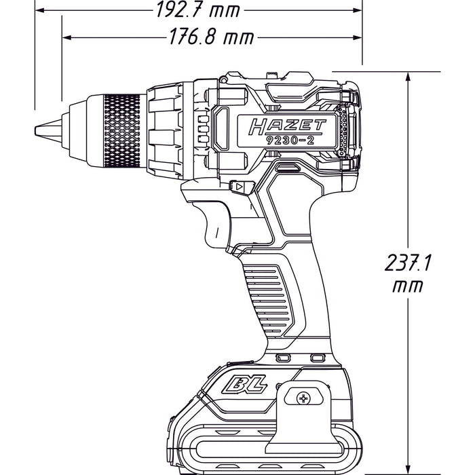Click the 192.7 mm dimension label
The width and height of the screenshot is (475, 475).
(x=198, y=9)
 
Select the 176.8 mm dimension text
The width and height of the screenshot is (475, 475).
(x=211, y=37)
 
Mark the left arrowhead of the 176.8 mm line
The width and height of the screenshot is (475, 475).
(x=66, y=38)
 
